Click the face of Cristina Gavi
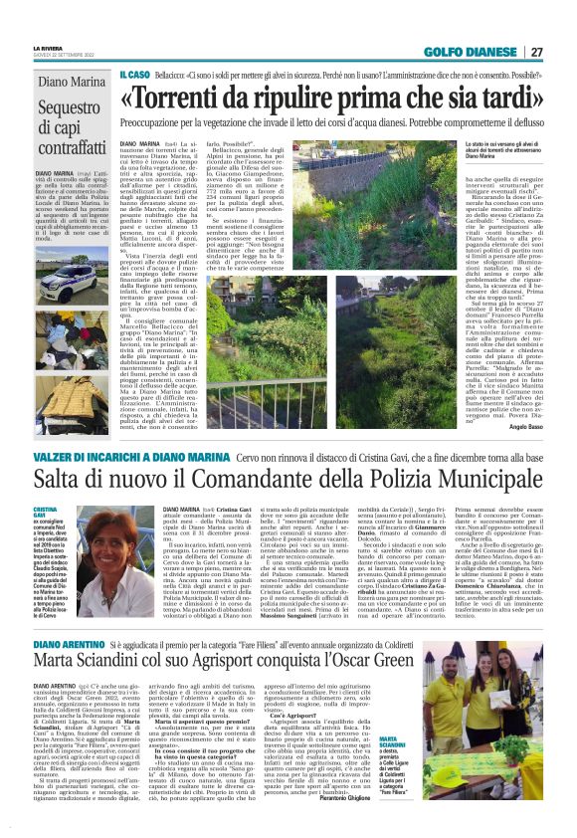[x=96, y=536]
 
